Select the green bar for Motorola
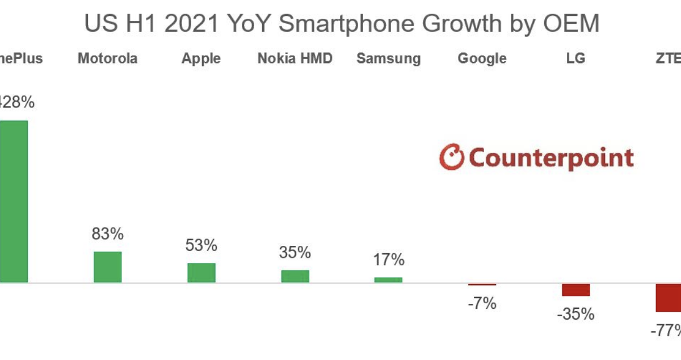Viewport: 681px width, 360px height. tap(107, 267)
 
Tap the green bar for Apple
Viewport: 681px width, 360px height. tap(201, 273)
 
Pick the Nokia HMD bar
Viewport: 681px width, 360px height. tap(295, 276)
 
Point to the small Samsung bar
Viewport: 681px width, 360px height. tap(388, 279)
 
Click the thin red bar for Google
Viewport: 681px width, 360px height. tap(482, 284)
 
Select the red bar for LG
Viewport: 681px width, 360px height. tap(576, 290)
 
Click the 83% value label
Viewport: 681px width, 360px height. tap(108, 234)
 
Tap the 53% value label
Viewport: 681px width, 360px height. tap(201, 245)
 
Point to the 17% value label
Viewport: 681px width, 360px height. tap(389, 260)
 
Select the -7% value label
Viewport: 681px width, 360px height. tap(482, 304)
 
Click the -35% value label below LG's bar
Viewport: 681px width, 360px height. tap(576, 314)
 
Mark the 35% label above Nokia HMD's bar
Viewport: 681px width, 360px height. tap(295, 253)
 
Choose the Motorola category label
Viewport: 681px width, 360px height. tap(107, 58)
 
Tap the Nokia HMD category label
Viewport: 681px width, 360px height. tap(295, 58)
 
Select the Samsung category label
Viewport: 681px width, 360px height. tap(389, 59)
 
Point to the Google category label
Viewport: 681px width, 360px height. tap(482, 59)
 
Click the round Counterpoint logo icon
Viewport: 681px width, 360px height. tap(452, 157)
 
